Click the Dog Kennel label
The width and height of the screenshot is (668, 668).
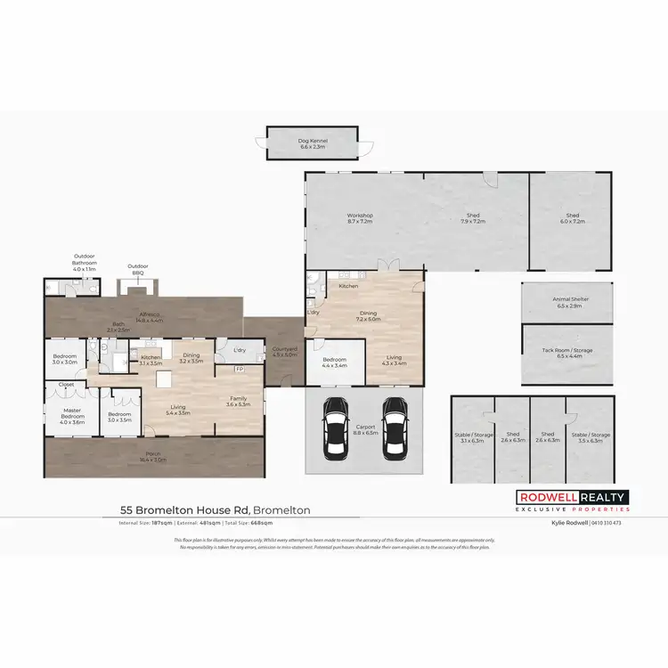pos(314,143)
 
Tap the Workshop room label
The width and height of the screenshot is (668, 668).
pos(359,217)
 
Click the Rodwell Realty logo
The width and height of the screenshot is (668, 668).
pos(573,501)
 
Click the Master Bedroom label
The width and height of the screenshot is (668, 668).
pos(72,419)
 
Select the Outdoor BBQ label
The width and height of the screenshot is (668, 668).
pos(137,268)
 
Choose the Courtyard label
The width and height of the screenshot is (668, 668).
pos(284,352)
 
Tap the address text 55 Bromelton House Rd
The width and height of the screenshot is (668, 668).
pos(184,510)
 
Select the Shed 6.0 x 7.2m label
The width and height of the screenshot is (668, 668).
pos(572,217)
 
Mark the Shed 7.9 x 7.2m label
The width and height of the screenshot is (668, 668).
pos(473,217)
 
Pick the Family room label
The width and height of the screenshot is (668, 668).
pos(238,401)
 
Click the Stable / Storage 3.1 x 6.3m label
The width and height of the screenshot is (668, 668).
pos(473,437)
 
